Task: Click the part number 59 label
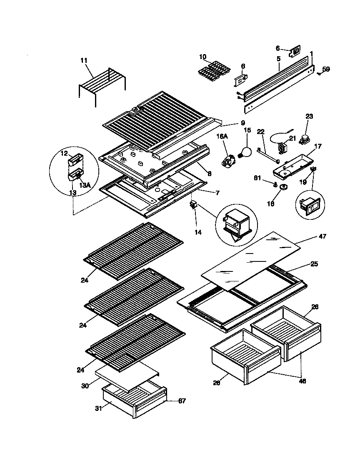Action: (326, 69)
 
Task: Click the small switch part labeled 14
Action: (194, 205)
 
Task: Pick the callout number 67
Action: (182, 401)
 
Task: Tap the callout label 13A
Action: (85, 185)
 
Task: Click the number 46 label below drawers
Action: (302, 380)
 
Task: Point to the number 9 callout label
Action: (242, 123)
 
